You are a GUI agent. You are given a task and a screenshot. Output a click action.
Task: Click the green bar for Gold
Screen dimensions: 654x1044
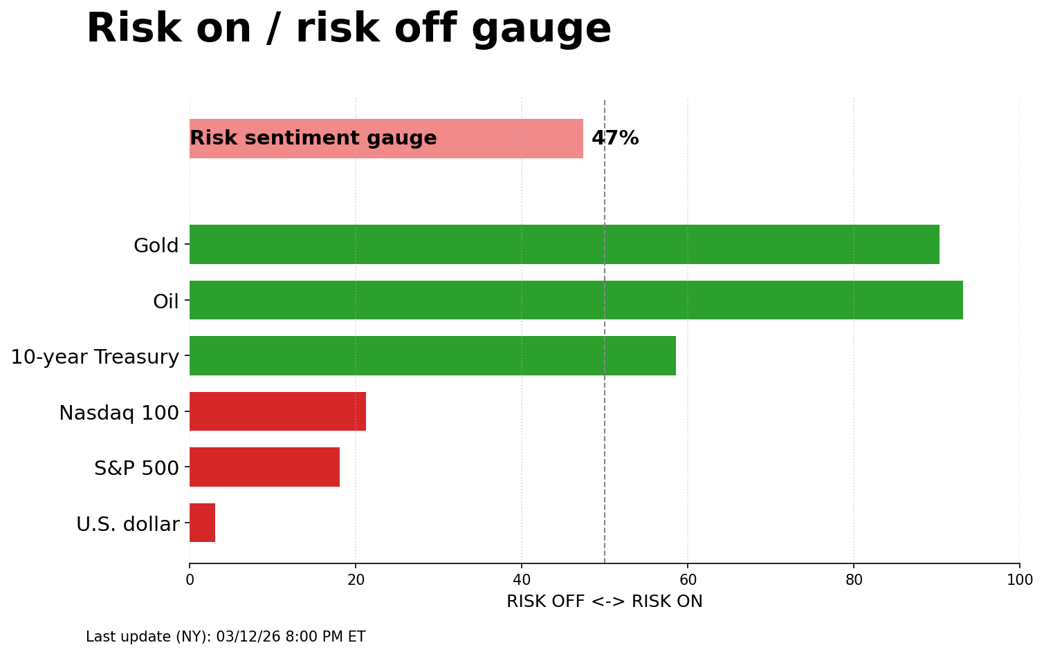pos(564,244)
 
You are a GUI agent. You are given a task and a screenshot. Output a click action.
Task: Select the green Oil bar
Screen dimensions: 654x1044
pos(576,300)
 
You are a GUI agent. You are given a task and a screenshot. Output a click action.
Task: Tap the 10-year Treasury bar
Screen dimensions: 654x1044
pos(432,355)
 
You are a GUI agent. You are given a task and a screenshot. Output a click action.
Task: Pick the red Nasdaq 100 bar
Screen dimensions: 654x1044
pos(277,411)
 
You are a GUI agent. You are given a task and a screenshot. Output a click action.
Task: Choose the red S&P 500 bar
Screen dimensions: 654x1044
pos(264,467)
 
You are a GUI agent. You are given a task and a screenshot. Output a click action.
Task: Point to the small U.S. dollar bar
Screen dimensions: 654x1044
pos(202,523)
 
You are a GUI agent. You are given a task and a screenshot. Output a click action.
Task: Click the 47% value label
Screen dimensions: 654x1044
pos(615,138)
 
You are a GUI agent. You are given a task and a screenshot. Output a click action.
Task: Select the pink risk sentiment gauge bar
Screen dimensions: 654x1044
pos(512,138)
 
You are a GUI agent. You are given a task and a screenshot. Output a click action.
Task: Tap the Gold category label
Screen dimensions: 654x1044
pos(156,245)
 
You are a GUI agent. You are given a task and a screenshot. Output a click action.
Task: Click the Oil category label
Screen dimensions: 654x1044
pos(165,301)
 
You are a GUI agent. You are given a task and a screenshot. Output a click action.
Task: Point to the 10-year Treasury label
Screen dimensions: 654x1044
pos(95,357)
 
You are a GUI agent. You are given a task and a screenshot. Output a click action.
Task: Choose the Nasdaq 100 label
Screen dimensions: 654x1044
pos(118,413)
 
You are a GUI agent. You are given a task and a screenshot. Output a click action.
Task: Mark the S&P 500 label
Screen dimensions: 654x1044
pos(136,468)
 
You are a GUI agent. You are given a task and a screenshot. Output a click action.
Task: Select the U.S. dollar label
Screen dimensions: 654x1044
pos(127,524)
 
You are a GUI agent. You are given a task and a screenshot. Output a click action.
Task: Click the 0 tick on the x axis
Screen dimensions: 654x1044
pos(190,580)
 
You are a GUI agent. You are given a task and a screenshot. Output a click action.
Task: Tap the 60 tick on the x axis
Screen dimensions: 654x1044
pos(688,580)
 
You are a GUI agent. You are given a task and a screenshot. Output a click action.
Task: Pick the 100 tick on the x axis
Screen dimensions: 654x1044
pos(1019,580)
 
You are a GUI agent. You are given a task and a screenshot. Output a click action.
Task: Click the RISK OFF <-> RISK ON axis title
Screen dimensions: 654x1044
pos(604,601)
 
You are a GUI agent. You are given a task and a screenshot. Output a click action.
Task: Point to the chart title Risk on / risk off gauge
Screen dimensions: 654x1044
pos(349,29)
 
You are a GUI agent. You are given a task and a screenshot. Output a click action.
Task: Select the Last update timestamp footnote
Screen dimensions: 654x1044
pos(226,637)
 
